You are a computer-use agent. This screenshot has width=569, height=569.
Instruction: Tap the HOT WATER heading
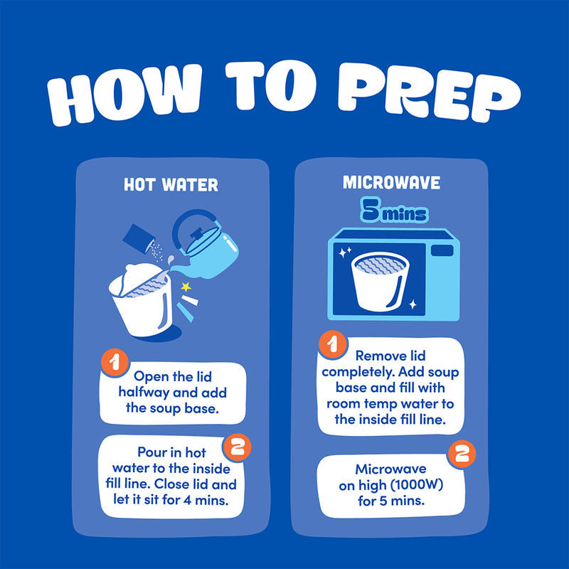coord(171,185)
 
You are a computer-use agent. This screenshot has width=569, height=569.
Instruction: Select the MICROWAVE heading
coord(392,183)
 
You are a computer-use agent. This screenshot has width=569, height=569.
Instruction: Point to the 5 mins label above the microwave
coord(394,210)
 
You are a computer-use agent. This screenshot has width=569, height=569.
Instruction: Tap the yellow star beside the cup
coord(186,287)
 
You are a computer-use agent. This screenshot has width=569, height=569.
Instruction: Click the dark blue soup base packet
coord(139,239)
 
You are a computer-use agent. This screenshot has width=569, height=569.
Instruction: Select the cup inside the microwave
coord(380,282)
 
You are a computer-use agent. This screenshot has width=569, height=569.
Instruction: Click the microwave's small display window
coord(442,251)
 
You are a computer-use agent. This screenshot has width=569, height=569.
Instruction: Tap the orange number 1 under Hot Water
coord(115,362)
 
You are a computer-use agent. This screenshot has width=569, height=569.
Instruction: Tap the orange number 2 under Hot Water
coord(238,447)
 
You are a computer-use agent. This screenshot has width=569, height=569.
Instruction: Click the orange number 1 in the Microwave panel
coord(332,344)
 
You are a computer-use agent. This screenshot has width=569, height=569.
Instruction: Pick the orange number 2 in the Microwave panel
coord(462,454)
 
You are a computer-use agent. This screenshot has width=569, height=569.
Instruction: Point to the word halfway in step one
coord(144,393)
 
